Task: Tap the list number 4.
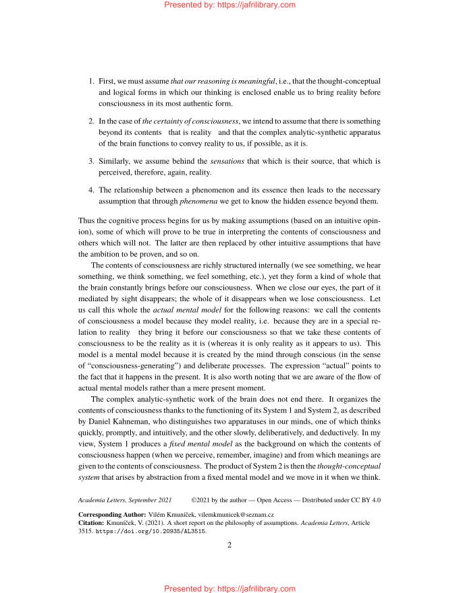click(91, 189)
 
